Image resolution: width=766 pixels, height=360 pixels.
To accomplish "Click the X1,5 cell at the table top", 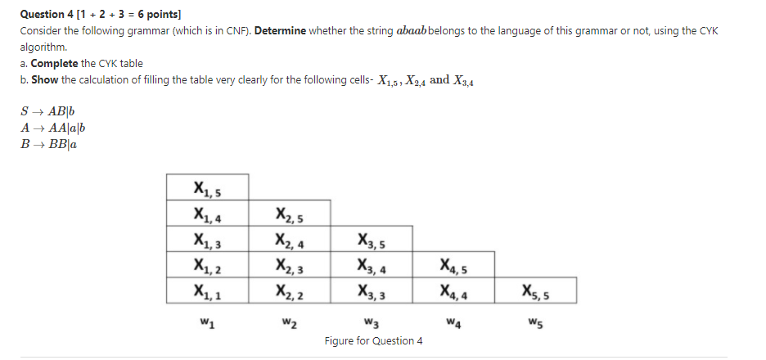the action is click(x=207, y=188).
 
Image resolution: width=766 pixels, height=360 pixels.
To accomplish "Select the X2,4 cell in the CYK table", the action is click(x=290, y=240).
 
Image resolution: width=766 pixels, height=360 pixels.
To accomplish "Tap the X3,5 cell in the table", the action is click(x=372, y=240).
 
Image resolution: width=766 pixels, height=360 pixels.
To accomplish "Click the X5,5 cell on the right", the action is click(x=535, y=289).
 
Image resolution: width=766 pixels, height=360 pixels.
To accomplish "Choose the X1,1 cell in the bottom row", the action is click(x=207, y=289).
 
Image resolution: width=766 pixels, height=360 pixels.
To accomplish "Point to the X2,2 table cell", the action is click(x=290, y=289).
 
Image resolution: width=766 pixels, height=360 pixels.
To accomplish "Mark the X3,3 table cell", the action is click(x=372, y=289).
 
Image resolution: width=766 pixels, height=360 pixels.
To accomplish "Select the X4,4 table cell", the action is click(x=453, y=289).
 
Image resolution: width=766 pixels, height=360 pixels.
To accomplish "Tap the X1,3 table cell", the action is click(x=207, y=240).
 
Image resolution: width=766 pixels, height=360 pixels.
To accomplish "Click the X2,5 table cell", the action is click(x=290, y=214).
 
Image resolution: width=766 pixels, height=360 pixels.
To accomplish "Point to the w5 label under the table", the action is click(x=535, y=319).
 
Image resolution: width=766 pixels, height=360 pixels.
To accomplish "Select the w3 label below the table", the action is click(x=372, y=319).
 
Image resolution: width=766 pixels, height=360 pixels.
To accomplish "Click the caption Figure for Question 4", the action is click(x=373, y=340).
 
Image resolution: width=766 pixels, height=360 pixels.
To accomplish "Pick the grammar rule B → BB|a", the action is click(x=52, y=143).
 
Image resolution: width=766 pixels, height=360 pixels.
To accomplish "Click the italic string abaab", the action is click(x=411, y=30).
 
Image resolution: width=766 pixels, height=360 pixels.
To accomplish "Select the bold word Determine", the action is click(x=281, y=30).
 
